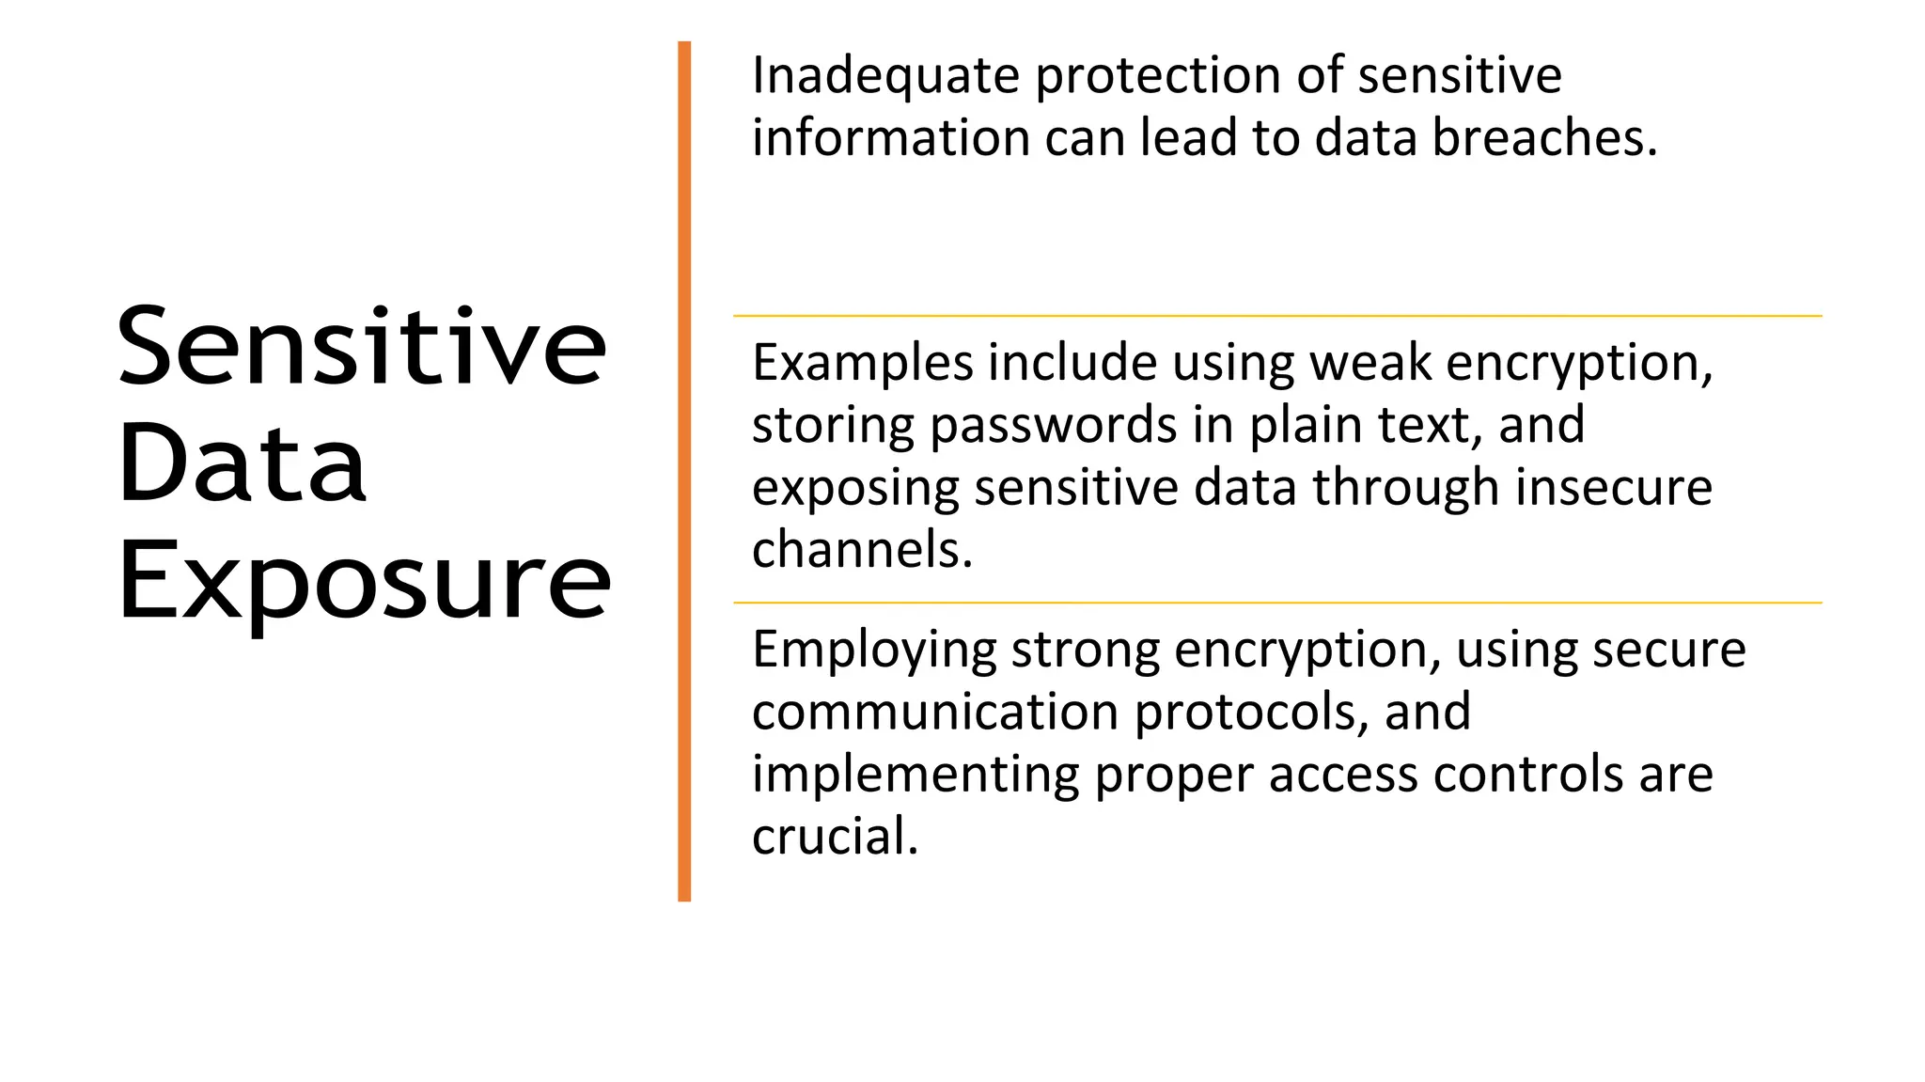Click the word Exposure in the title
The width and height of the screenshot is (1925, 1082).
364,583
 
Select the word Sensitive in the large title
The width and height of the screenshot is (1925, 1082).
362,348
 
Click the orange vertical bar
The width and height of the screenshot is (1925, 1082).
684,470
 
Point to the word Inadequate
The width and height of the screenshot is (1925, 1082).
885,76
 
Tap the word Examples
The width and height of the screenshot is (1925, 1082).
862,366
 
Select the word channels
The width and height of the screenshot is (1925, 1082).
861,550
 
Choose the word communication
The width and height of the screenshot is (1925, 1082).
935,712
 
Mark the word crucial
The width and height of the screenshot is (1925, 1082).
834,836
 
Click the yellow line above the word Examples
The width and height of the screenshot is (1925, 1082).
1276,316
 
